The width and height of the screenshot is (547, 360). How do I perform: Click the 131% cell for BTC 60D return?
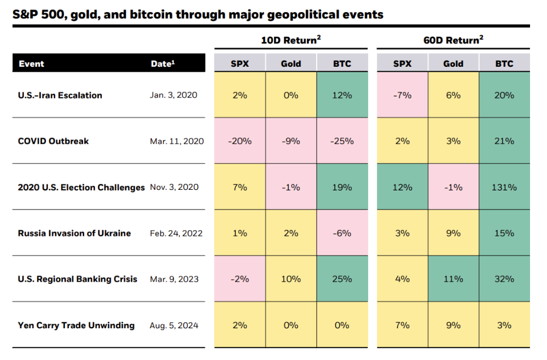tap(504, 187)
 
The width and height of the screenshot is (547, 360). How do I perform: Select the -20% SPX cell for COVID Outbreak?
tap(240, 141)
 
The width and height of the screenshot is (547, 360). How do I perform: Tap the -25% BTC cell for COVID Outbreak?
tap(342, 141)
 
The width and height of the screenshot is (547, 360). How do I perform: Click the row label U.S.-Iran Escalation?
tap(60, 95)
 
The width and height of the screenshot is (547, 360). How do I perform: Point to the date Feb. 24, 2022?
tap(176, 233)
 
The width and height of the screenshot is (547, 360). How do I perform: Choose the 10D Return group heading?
tap(290, 40)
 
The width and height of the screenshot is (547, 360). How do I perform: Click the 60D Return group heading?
tap(453, 40)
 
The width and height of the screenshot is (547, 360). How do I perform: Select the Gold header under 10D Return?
tap(290, 63)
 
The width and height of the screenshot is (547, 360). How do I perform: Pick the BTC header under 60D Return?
tap(504, 63)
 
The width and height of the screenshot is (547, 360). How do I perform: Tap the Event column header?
tap(31, 63)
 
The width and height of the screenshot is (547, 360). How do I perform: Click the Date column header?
tap(162, 63)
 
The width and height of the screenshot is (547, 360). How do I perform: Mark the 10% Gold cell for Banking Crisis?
tap(290, 279)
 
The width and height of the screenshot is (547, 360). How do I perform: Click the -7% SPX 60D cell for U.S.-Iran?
tap(402, 95)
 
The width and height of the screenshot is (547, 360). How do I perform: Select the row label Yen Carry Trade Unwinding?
tap(76, 325)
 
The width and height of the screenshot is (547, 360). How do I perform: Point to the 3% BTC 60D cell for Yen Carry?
tap(504, 325)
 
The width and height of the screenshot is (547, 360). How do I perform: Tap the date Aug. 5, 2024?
tap(174, 325)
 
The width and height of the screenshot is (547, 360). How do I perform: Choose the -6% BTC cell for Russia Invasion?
tap(342, 233)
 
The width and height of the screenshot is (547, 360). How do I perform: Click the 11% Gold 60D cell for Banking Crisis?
tap(453, 279)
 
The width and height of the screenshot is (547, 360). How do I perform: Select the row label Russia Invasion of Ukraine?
tap(74, 233)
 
